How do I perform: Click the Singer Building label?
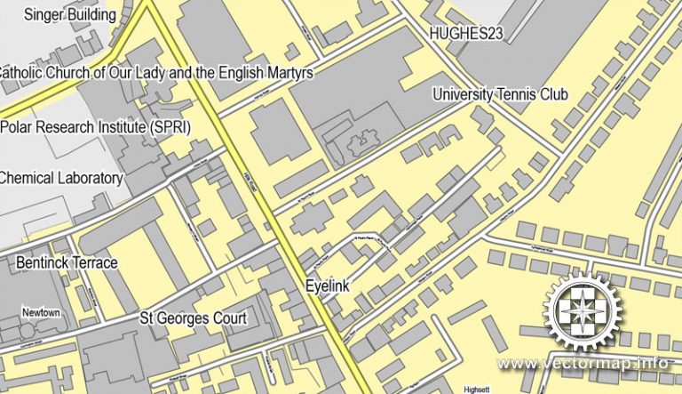pos(70,14)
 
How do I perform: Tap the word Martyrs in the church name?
pos(288,72)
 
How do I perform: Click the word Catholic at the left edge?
pos(27,72)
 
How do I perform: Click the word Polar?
pos(18,126)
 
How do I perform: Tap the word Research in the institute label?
pos(67,126)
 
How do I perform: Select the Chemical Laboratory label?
pos(60,178)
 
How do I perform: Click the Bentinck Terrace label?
pos(67,262)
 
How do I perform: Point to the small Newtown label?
pos(42,313)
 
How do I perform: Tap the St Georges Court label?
pos(193,318)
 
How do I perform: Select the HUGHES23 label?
pos(466,34)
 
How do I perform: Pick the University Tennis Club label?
pos(500,94)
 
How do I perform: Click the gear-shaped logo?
pos(583,310)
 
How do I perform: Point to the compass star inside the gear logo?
pos(583,310)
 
